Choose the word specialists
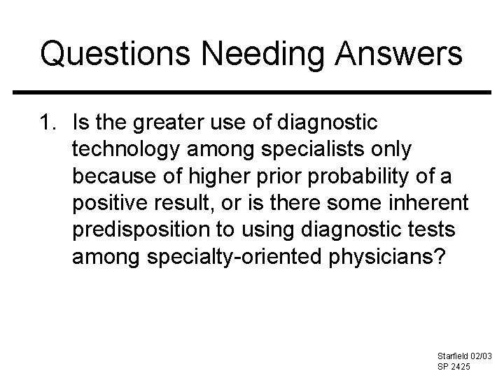coord(304,151)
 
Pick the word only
coord(393,151)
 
